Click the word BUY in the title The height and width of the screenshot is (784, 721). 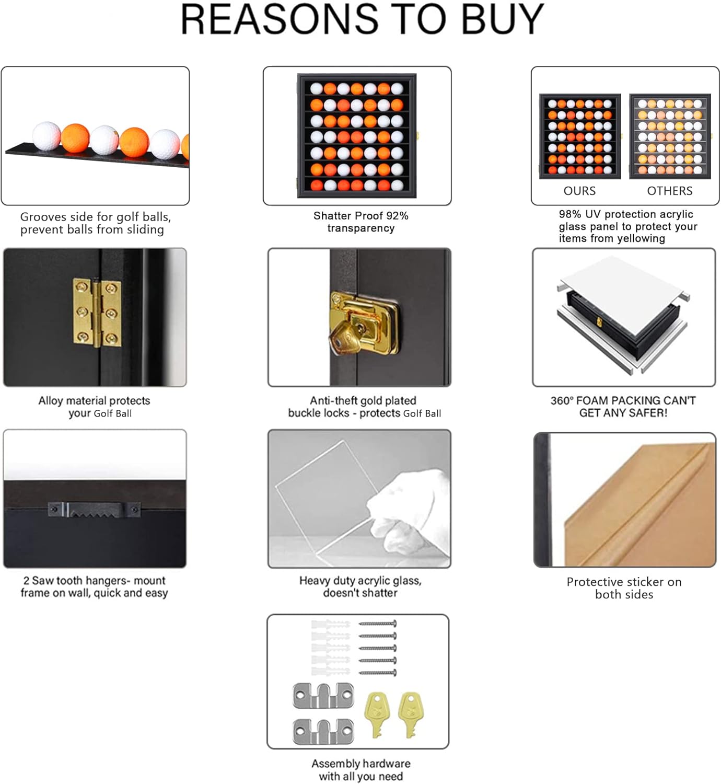pyautogui.click(x=503, y=19)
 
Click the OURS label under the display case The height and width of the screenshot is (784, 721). pyautogui.click(x=579, y=191)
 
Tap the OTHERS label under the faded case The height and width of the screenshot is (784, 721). pyautogui.click(x=670, y=191)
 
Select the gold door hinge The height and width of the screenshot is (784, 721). pyautogui.click(x=97, y=313)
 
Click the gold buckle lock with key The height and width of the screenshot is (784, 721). pyautogui.click(x=364, y=323)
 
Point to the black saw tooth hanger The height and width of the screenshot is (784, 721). pyautogui.click(x=94, y=510)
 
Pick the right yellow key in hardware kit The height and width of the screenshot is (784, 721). pyautogui.click(x=410, y=715)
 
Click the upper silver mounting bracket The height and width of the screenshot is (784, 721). pyautogui.click(x=323, y=696)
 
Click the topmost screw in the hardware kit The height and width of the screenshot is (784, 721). pyautogui.click(x=378, y=624)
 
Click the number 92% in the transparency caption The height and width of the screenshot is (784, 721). pyautogui.click(x=398, y=216)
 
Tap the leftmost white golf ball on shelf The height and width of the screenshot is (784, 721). pyautogui.click(x=46, y=136)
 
